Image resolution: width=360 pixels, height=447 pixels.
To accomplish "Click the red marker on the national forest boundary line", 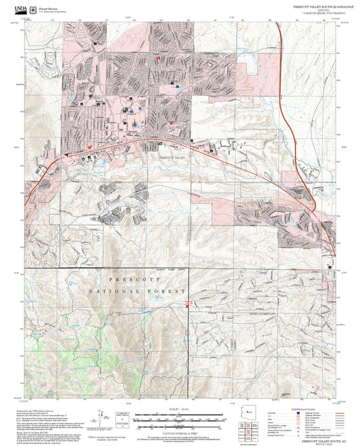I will [x=187, y=307].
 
